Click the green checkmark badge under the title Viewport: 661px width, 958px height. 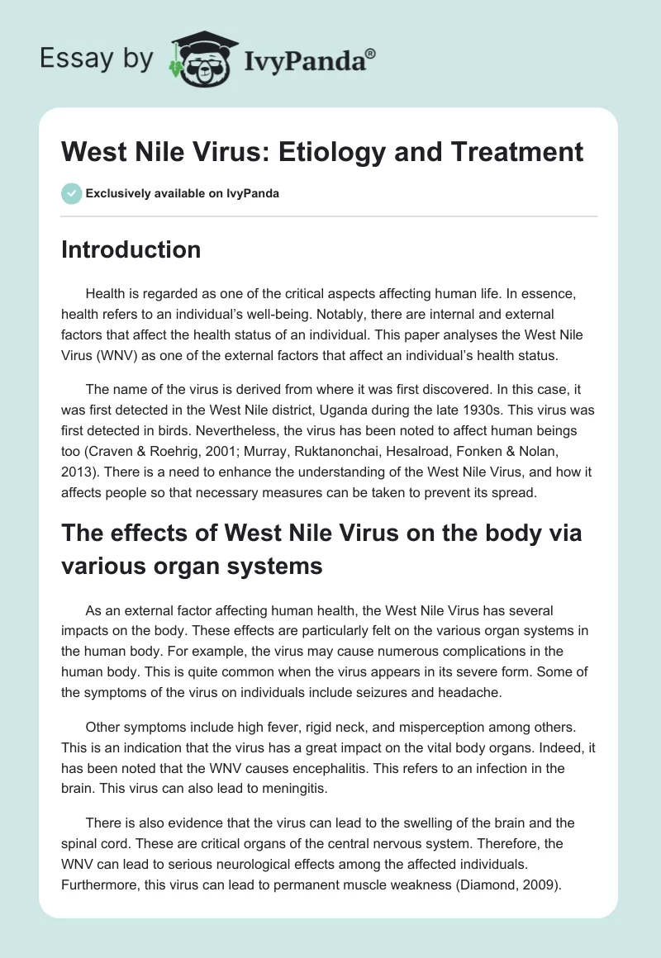tap(70, 193)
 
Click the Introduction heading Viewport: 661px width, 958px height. tap(131, 249)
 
